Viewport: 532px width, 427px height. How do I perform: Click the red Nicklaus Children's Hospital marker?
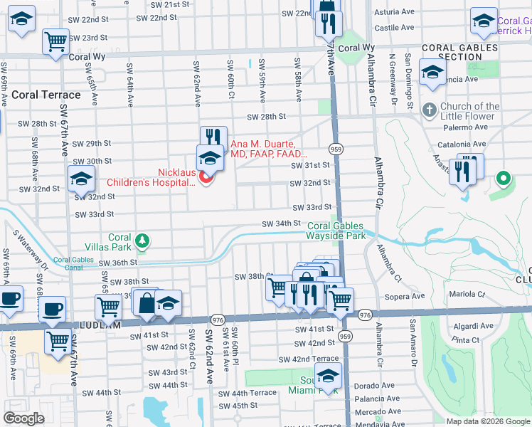pos(206,177)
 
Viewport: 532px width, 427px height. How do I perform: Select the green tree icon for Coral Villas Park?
pos(142,241)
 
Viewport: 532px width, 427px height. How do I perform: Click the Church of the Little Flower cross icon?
pos(429,110)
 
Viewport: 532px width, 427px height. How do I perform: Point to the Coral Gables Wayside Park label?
pos(336,230)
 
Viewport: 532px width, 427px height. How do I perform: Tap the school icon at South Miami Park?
pos(329,376)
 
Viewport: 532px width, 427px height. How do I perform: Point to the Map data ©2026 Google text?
pos(489,421)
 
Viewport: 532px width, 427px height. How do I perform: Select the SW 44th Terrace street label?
pos(247,393)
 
